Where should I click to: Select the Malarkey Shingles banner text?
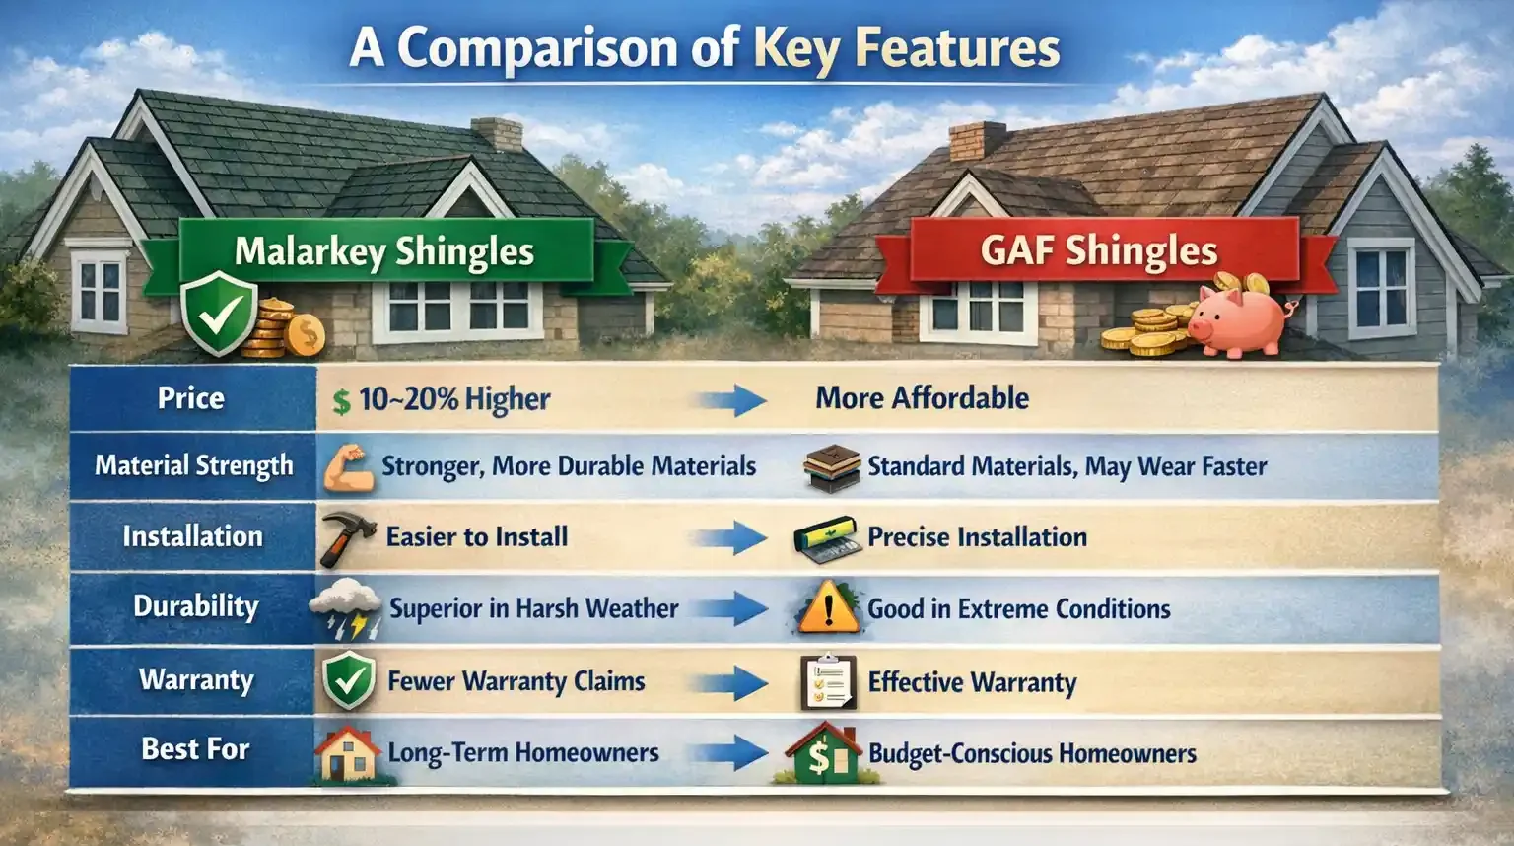[384, 251]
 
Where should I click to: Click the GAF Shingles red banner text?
[1099, 250]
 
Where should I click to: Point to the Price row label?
[191, 398]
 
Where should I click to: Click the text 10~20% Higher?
[453, 399]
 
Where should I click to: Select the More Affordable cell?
[922, 398]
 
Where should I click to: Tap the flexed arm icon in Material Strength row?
[348, 469]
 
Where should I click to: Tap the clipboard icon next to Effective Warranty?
[827, 682]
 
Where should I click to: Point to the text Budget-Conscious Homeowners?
[1032, 754]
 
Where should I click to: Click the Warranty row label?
[196, 680]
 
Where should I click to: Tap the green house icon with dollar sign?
[822, 754]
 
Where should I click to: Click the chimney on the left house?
[497, 133]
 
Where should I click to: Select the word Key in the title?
[797, 48]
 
